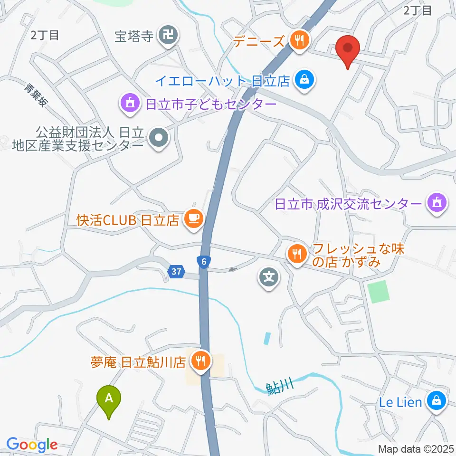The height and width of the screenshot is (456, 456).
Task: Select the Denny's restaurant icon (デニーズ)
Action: pyautogui.click(x=299, y=40)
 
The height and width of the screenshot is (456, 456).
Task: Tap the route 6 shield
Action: pyautogui.click(x=203, y=261)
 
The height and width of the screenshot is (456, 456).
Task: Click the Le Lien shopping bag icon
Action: pyautogui.click(x=435, y=401)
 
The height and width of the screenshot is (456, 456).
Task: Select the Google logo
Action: pyautogui.click(x=32, y=445)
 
